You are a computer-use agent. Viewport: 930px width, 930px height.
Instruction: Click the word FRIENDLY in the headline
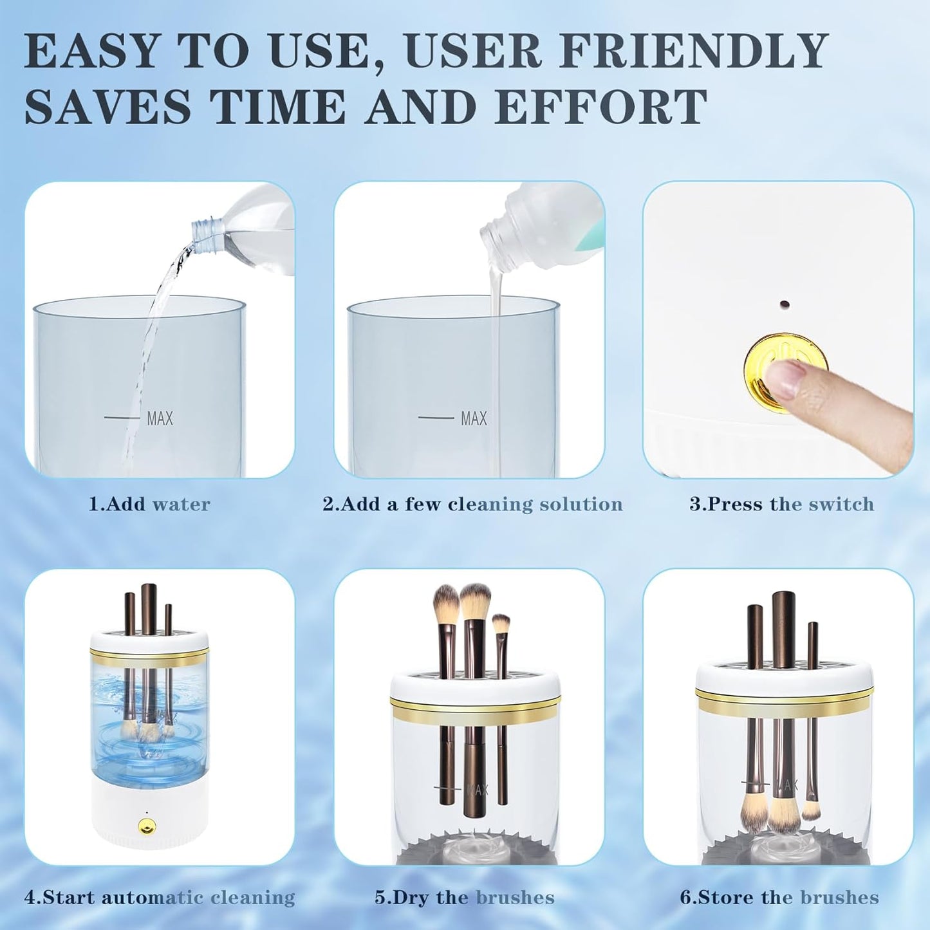[x=694, y=51]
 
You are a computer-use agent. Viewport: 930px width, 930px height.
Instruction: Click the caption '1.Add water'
[x=149, y=504]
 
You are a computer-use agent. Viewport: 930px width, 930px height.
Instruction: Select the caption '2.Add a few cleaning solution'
[x=472, y=504]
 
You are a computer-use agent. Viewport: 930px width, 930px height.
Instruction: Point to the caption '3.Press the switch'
[x=781, y=504]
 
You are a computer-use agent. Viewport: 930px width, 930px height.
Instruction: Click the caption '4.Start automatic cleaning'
[x=160, y=897]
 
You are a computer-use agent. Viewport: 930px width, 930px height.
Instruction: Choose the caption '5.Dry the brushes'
[x=465, y=897]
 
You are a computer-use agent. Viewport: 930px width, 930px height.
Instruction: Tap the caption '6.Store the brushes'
[x=779, y=897]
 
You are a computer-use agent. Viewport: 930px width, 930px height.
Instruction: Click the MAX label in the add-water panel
[x=160, y=419]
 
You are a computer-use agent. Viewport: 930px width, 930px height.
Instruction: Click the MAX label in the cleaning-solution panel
[x=474, y=419]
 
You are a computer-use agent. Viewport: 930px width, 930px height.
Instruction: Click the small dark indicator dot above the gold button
[x=784, y=303]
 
